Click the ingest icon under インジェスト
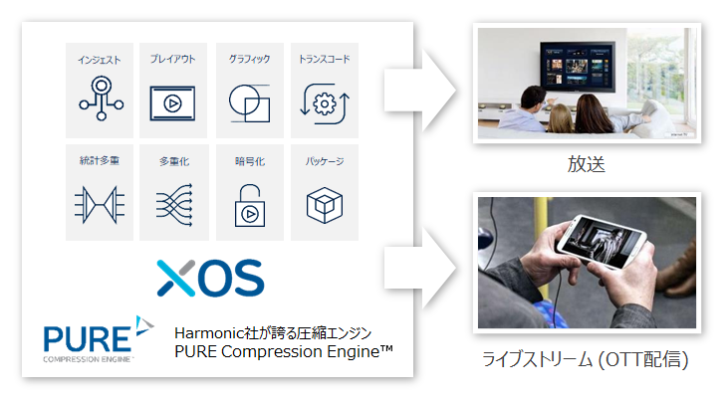pyautogui.click(x=101, y=99)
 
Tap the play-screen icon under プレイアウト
pyautogui.click(x=172, y=102)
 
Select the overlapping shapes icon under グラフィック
pyautogui.click(x=249, y=103)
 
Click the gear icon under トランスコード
pyautogui.click(x=325, y=103)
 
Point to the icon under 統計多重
pyautogui.click(x=100, y=205)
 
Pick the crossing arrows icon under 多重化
pyautogui.click(x=174, y=205)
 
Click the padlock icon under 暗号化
pyautogui.click(x=250, y=206)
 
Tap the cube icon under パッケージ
pyautogui.click(x=325, y=205)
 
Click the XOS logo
pyautogui.click(x=210, y=278)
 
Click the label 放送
pyautogui.click(x=587, y=164)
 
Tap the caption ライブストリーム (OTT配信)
pyautogui.click(x=586, y=359)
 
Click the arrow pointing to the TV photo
pyautogui.click(x=419, y=91)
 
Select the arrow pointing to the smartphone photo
pyautogui.click(x=419, y=268)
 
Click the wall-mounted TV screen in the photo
pyautogui.click(x=578, y=67)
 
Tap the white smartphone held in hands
pyautogui.click(x=602, y=241)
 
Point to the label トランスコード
pyautogui.click(x=325, y=59)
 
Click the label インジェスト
pyautogui.click(x=100, y=60)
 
